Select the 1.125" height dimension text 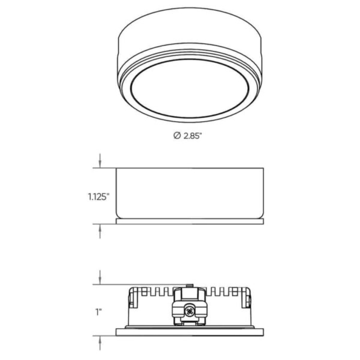[98, 197]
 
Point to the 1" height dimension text [99, 312]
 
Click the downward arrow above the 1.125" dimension [100, 161]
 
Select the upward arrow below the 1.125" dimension [100, 231]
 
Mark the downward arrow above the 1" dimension [100, 277]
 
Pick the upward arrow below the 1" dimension [100, 343]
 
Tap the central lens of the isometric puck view [190, 89]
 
